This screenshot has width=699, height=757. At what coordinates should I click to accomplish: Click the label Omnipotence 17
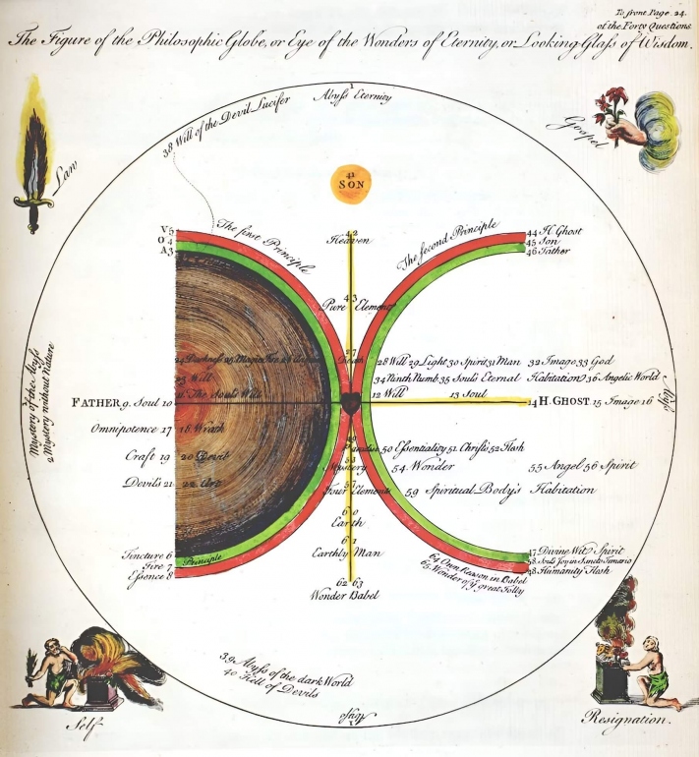pos(132,430)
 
